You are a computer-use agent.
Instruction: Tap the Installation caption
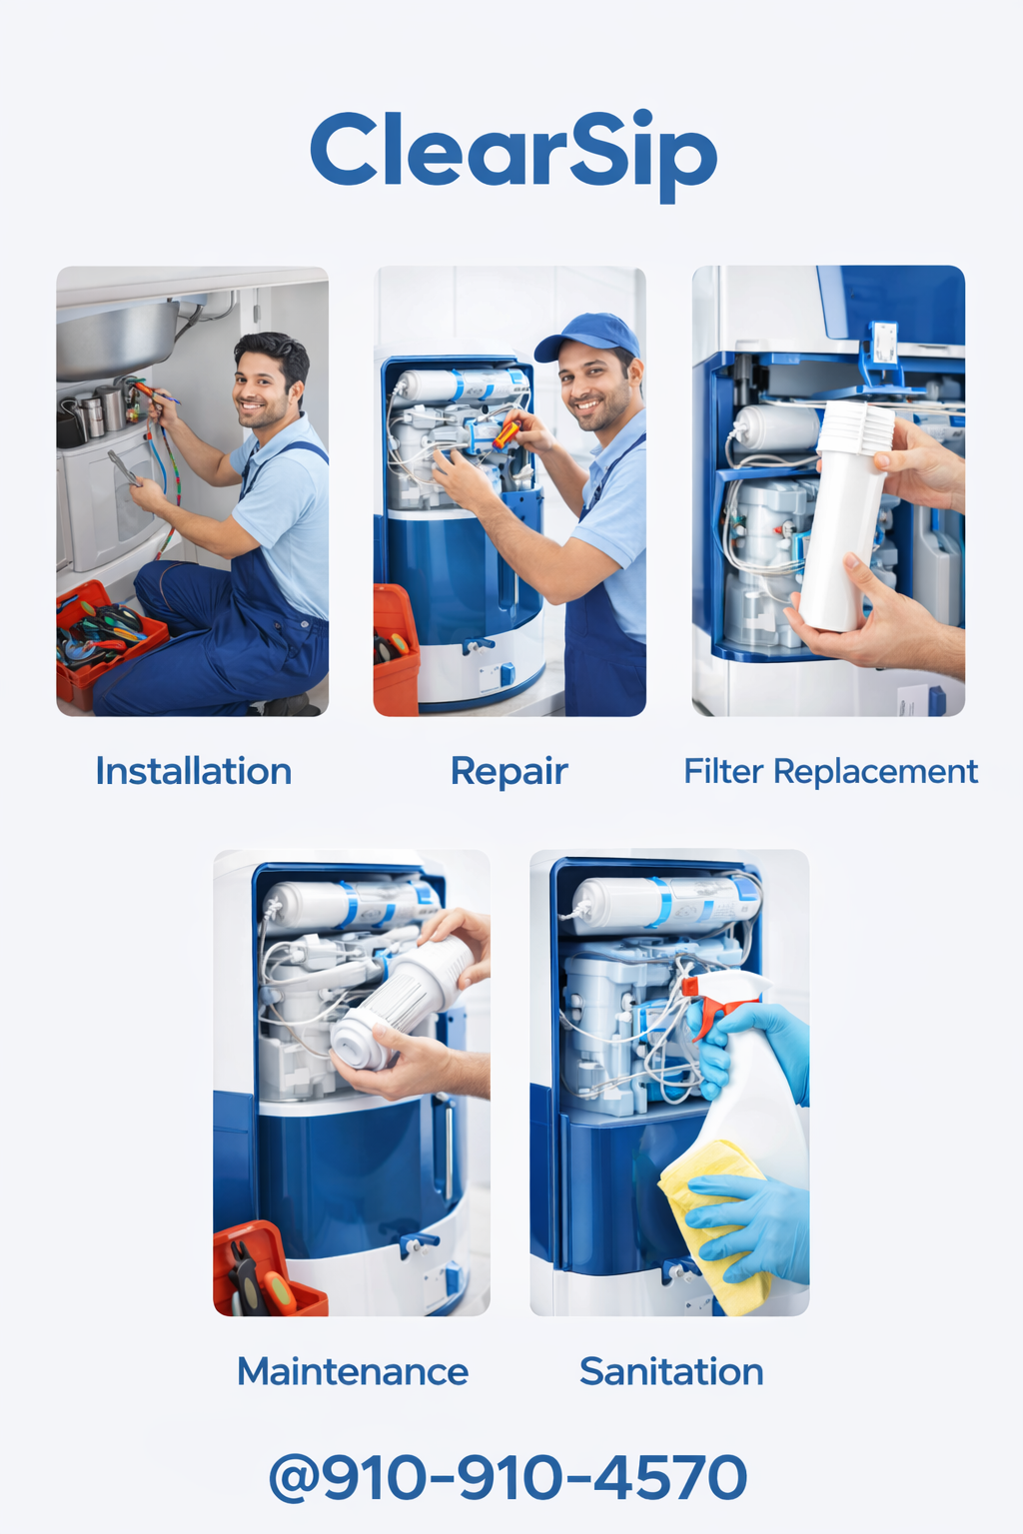coord(194,771)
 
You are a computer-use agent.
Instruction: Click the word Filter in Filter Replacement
coord(723,771)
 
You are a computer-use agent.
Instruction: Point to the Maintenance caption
coord(353,1371)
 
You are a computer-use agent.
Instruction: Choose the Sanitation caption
coord(671,1371)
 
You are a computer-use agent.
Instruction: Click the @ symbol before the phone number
coord(294,1477)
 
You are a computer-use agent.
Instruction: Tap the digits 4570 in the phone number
coord(669,1476)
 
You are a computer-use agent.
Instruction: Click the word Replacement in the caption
coord(876,772)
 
